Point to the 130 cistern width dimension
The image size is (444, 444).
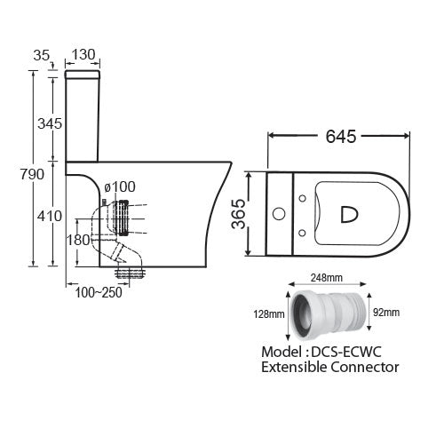click(84, 54)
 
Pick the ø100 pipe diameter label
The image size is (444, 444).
click(119, 186)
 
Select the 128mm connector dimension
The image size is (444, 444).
click(269, 313)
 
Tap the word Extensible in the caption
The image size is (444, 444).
click(287, 366)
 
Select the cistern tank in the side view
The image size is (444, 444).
click(85, 118)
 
